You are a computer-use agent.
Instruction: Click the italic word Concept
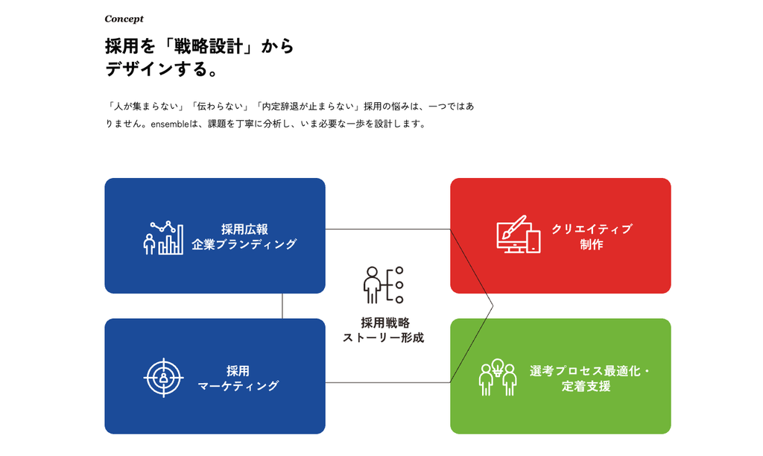pyautogui.click(x=124, y=19)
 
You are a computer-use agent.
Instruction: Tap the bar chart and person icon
pyautogui.click(x=163, y=238)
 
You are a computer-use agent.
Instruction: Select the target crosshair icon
pyautogui.click(x=163, y=378)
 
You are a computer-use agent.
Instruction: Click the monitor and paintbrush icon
pyautogui.click(x=519, y=234)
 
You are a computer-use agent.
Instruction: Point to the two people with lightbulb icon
pyautogui.click(x=497, y=377)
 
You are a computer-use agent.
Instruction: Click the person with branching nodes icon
pyautogui.click(x=384, y=285)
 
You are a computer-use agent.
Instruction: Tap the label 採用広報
pyautogui.click(x=244, y=229)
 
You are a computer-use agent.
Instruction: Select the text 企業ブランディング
pyautogui.click(x=244, y=244)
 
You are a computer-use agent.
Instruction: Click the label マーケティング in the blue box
pyautogui.click(x=238, y=386)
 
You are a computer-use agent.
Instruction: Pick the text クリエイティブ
pyautogui.click(x=592, y=229)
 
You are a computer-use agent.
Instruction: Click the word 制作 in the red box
pyautogui.click(x=592, y=244)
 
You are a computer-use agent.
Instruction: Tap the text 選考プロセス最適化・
pyautogui.click(x=590, y=371)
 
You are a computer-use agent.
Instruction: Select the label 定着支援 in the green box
pyautogui.click(x=586, y=386)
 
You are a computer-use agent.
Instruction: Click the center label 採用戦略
pyautogui.click(x=385, y=323)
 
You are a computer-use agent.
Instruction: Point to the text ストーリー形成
pyautogui.click(x=384, y=338)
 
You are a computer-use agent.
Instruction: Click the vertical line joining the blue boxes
pyautogui.click(x=282, y=306)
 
